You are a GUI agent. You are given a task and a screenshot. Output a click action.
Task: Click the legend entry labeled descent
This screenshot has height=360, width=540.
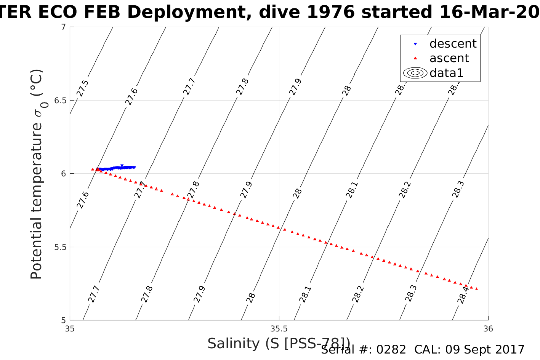pyautogui.click(x=453, y=44)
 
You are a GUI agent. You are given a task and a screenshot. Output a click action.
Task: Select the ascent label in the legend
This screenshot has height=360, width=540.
pyautogui.click(x=449, y=58)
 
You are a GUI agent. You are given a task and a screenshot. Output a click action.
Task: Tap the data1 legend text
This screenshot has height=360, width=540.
pyautogui.click(x=446, y=73)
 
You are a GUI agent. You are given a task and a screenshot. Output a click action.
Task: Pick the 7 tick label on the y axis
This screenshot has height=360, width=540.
pyautogui.click(x=63, y=27)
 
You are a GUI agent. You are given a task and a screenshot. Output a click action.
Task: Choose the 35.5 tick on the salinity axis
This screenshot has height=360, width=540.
pyautogui.click(x=279, y=329)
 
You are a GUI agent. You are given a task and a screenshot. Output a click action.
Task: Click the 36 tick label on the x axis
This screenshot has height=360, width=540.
pyautogui.click(x=488, y=329)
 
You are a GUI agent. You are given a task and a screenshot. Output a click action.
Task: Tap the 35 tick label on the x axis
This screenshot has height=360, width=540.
pyautogui.click(x=70, y=329)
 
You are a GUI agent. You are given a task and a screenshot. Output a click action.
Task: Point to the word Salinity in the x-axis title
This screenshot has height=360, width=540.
pyautogui.click(x=234, y=344)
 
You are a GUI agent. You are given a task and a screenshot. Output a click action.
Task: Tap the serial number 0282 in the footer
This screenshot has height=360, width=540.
pyautogui.click(x=391, y=350)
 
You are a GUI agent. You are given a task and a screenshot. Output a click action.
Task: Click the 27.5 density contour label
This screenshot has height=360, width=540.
pyautogui.click(x=83, y=88)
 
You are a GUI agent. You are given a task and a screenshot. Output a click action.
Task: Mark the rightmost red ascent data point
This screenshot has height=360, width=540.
pyautogui.click(x=476, y=289)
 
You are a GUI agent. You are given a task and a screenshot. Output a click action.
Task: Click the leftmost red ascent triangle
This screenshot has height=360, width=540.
pyautogui.click(x=92, y=169)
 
